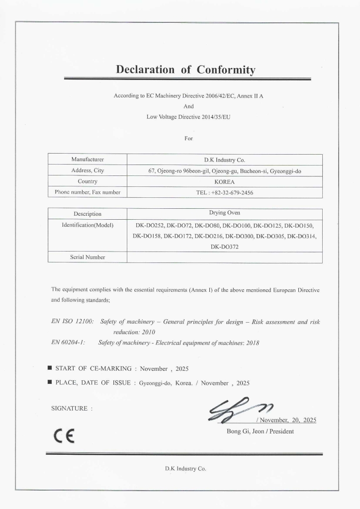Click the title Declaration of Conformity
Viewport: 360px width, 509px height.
click(x=185, y=69)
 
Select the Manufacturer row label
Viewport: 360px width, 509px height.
click(x=88, y=160)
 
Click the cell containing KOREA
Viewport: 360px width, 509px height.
click(x=224, y=181)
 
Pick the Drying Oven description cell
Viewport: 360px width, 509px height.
click(x=224, y=213)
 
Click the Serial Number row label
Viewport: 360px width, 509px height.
click(x=88, y=257)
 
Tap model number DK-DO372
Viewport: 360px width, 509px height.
click(x=224, y=247)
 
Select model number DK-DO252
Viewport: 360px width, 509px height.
click(x=150, y=225)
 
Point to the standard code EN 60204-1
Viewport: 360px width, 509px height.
click(x=69, y=342)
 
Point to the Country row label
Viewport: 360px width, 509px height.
click(x=88, y=181)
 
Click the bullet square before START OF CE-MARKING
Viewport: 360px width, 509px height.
click(x=50, y=368)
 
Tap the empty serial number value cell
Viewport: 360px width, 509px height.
click(x=224, y=257)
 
